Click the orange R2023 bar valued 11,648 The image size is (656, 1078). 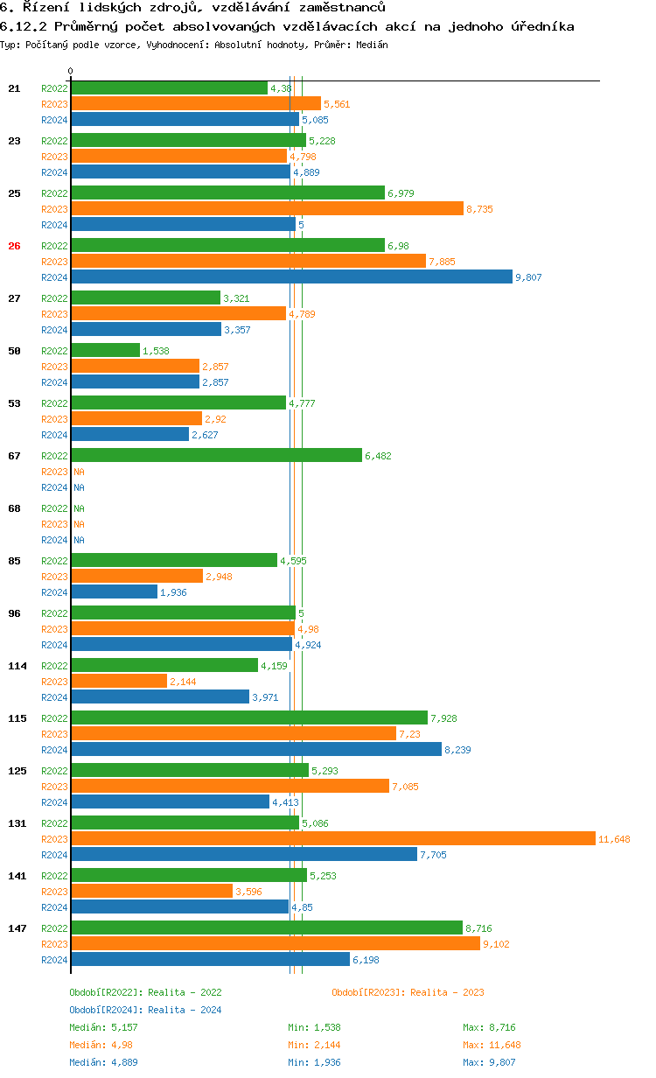[x=332, y=838]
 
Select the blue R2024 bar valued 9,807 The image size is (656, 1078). [x=291, y=276]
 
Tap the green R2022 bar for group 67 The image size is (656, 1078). [x=216, y=455]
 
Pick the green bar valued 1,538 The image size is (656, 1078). [x=105, y=350]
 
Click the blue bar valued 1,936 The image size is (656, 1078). [x=114, y=591]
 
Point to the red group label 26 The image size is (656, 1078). [x=14, y=246]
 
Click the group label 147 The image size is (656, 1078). [x=17, y=928]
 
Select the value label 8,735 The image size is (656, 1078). [x=479, y=209]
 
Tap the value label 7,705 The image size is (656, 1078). [x=433, y=855]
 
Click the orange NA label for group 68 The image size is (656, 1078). [x=79, y=524]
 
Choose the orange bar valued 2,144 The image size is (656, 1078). [x=118, y=681]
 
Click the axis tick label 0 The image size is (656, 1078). [x=71, y=71]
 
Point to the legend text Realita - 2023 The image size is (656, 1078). [x=447, y=992]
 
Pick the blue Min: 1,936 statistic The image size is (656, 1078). [x=314, y=1062]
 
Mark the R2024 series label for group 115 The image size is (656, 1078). [x=54, y=750]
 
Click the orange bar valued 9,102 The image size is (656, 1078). [x=276, y=943]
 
